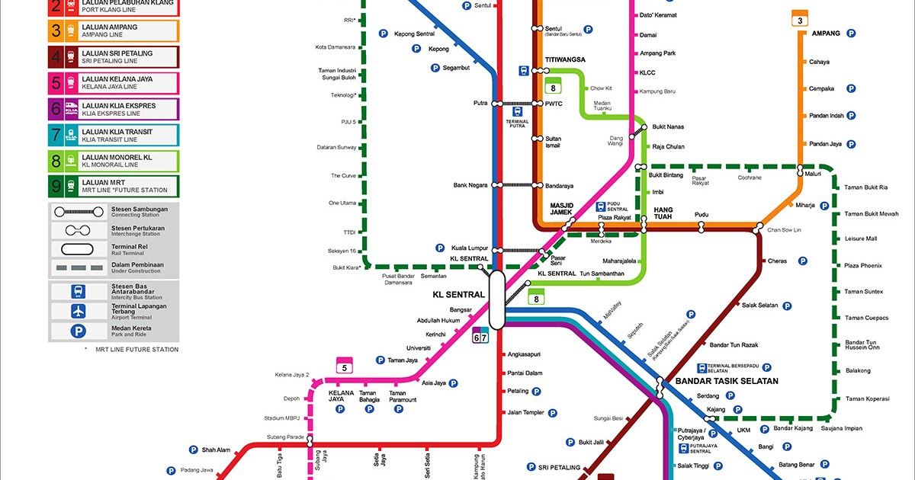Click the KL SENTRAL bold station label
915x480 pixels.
click(x=458, y=294)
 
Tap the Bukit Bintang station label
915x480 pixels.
click(x=666, y=175)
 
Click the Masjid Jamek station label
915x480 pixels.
click(x=566, y=209)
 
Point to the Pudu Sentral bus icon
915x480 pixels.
click(x=601, y=206)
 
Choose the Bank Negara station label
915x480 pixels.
click(x=470, y=185)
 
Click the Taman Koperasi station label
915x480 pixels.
click(x=867, y=398)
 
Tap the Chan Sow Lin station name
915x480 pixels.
click(x=784, y=229)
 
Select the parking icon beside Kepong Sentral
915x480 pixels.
click(x=384, y=34)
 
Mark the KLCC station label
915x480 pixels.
click(x=647, y=73)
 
